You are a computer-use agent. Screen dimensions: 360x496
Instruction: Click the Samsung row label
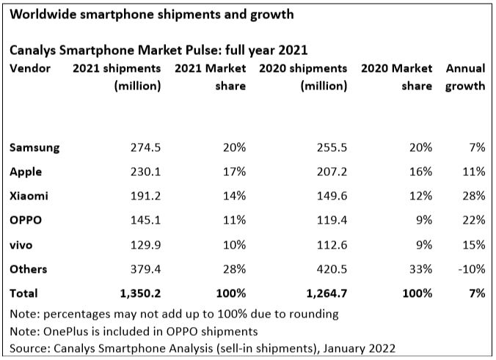coord(34,147)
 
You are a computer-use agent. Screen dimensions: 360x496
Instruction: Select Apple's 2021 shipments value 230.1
coord(145,172)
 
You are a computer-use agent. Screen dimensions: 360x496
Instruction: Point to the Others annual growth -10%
coord(470,268)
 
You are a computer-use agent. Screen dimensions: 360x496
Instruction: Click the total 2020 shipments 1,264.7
coord(323,293)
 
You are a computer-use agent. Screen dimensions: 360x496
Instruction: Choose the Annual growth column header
coord(466,77)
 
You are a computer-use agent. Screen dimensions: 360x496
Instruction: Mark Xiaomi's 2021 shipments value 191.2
coord(145,196)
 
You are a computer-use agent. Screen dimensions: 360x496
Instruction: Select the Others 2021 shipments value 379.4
coord(145,268)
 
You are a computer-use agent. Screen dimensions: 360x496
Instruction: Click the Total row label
coord(23,293)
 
